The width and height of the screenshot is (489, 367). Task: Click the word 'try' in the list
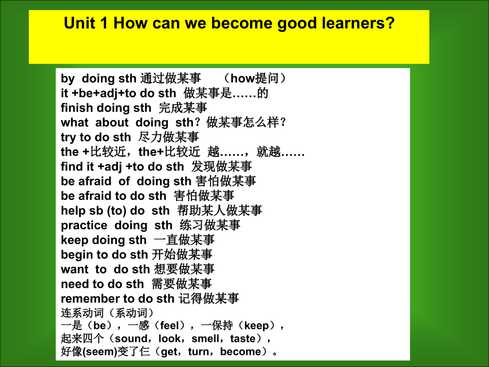[x=68, y=137]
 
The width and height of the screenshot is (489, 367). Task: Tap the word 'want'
[x=74, y=269]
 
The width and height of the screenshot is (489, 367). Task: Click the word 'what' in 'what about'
[x=75, y=122]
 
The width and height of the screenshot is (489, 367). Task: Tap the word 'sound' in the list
[x=131, y=338]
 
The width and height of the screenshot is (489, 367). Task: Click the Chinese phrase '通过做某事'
[x=170, y=79]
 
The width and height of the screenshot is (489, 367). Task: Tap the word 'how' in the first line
[x=242, y=79]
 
